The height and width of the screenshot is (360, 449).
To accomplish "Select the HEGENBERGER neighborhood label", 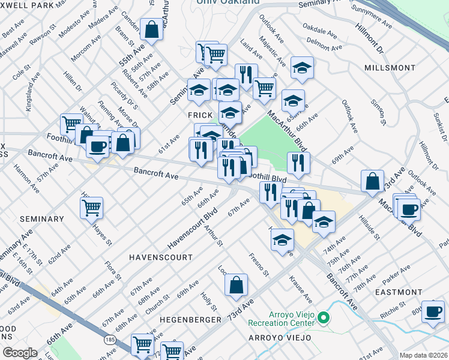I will click(x=190, y=320).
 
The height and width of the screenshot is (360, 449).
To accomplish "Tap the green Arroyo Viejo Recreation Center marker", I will click(x=324, y=317).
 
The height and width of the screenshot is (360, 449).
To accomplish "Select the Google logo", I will click(x=20, y=353).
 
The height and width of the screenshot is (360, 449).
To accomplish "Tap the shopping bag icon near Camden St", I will click(x=152, y=29).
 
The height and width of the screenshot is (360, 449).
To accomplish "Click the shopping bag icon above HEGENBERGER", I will click(x=237, y=284).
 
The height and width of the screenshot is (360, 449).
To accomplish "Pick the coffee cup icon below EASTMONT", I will click(x=433, y=311).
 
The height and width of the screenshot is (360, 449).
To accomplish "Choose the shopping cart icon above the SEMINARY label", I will click(x=91, y=207).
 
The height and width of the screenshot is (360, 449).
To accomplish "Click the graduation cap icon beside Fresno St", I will click(x=282, y=241).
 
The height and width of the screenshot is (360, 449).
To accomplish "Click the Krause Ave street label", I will click(x=300, y=289).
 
